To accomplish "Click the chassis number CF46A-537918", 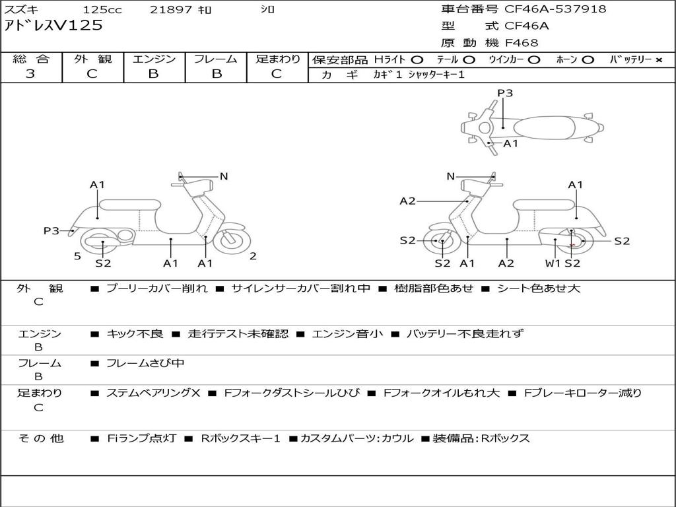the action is tap(555, 9).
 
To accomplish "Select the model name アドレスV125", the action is tap(53, 26).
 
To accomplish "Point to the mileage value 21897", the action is tap(171, 9).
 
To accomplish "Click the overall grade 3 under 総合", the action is tap(30, 74).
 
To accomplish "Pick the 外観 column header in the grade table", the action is tap(92, 59).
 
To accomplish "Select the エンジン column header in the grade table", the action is tap(154, 59).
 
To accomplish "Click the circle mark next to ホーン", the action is tap(588, 60).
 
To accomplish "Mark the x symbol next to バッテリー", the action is tap(658, 60).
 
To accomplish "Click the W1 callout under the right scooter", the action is tap(553, 263).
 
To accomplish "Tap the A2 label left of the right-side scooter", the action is tap(407, 201).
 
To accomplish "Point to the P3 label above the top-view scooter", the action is tap(505, 93).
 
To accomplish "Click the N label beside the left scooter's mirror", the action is tap(223, 176).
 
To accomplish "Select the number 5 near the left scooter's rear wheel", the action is tap(78, 257).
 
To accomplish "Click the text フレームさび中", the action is tap(145, 364).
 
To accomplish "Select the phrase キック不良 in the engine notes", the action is tap(135, 333).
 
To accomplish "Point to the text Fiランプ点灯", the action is tap(141, 438).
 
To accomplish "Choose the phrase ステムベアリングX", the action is tap(153, 393).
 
